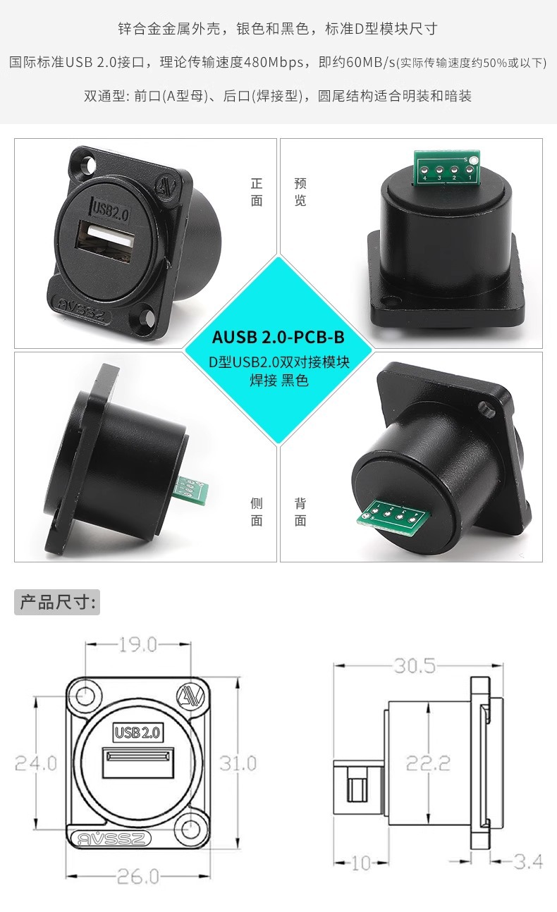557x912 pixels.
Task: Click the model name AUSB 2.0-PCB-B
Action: click(x=278, y=337)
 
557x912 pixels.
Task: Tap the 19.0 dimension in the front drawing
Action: click(x=138, y=645)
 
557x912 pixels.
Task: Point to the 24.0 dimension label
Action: click(x=36, y=763)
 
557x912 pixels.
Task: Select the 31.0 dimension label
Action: click(x=238, y=763)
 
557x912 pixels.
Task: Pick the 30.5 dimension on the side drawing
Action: click(x=415, y=666)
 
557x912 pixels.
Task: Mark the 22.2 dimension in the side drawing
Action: click(x=429, y=763)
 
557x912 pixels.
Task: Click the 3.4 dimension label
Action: click(x=528, y=861)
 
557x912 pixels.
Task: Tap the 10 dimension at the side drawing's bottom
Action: click(x=361, y=863)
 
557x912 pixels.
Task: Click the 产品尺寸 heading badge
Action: click(x=57, y=602)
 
